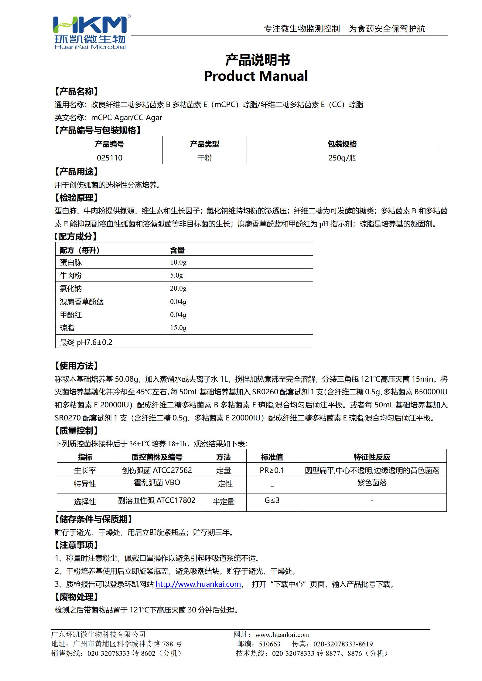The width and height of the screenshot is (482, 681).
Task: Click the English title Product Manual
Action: click(256, 76)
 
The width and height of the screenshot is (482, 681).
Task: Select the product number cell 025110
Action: click(110, 158)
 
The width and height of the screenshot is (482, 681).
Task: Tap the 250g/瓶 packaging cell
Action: click(342, 158)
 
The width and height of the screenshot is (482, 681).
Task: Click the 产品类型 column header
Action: click(204, 144)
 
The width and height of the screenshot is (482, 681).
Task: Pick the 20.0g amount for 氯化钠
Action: click(178, 288)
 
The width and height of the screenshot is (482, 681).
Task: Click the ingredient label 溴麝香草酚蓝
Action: click(82, 302)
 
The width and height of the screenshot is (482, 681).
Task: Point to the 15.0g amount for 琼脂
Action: click(178, 328)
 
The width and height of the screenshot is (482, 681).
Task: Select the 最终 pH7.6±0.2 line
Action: click(86, 342)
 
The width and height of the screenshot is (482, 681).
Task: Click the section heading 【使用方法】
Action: click(76, 366)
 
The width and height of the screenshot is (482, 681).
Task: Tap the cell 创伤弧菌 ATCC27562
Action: click(157, 470)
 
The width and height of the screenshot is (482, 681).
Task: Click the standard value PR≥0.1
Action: click(272, 470)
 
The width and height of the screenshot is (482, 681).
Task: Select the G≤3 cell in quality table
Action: click(272, 500)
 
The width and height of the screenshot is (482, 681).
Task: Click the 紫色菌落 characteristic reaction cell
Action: click(372, 483)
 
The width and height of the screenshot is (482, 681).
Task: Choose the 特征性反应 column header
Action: click(372, 457)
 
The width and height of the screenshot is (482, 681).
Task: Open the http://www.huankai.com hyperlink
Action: click(198, 584)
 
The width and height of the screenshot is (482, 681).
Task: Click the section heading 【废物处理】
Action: click(76, 597)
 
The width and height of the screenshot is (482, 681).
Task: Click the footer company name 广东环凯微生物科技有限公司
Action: click(98, 634)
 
